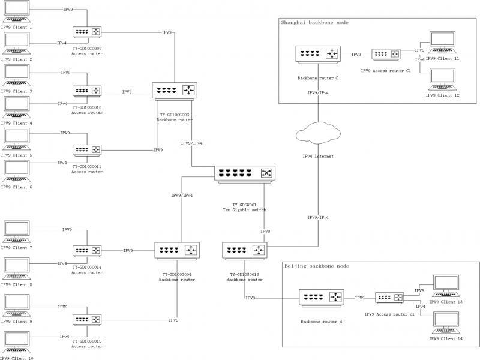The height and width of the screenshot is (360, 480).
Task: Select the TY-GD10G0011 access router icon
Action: (87, 149)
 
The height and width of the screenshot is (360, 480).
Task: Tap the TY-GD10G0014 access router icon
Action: (87, 250)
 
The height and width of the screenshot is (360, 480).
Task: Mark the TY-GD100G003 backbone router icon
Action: (175, 91)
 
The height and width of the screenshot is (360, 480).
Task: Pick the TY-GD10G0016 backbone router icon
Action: (244, 250)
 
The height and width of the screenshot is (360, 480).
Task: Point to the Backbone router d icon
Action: (321, 297)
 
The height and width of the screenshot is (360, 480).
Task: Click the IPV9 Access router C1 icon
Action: (386, 55)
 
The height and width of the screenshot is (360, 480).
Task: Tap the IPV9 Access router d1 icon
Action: (390, 297)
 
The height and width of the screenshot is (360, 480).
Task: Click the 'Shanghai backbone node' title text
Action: (314, 23)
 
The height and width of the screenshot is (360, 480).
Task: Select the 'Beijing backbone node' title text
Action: (316, 266)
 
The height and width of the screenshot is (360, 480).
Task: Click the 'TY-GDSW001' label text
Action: (244, 205)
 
